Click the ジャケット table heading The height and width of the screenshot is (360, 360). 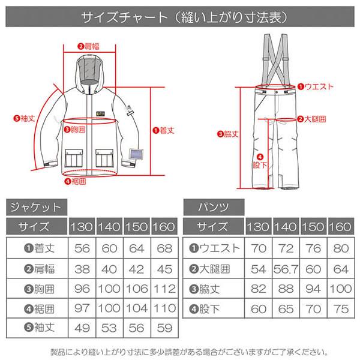tap(36, 208)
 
